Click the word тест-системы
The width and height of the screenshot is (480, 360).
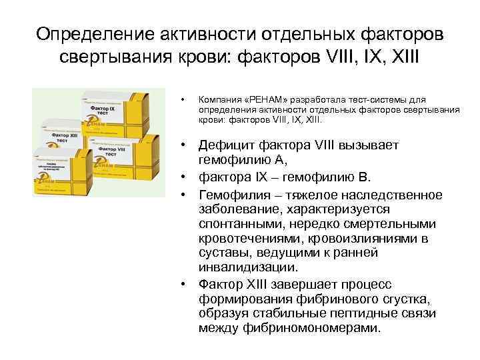352,98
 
